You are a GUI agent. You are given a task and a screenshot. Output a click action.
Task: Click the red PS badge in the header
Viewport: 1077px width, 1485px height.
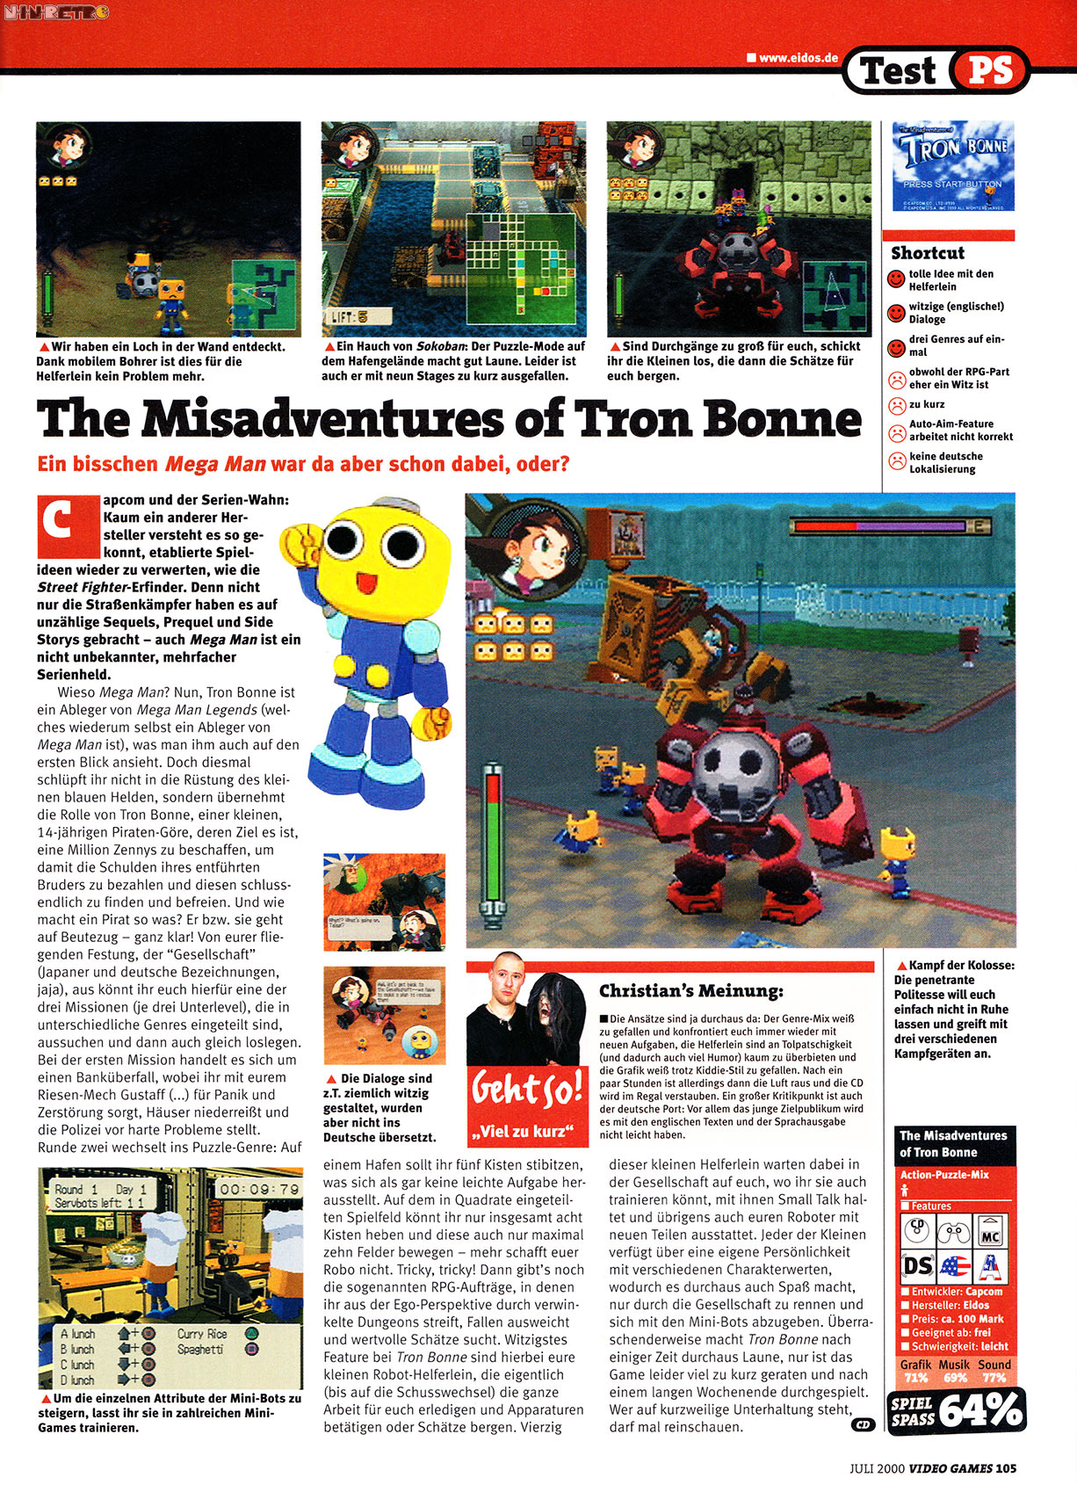point(990,70)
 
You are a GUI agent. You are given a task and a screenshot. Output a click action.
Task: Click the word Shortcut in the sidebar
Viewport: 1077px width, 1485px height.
point(928,253)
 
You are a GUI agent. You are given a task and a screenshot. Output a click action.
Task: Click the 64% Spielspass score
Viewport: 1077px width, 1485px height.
point(979,1411)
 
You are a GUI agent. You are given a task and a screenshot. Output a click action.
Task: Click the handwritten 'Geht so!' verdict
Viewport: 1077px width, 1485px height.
point(527,1090)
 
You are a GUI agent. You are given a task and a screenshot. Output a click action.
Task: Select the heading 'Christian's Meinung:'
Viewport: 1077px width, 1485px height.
point(690,991)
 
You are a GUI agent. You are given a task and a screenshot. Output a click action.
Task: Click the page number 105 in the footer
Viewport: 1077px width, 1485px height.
point(1007,1467)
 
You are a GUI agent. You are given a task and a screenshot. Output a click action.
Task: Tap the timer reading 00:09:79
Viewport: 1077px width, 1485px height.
point(258,1189)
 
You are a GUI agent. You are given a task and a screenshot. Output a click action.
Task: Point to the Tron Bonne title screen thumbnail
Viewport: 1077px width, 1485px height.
point(953,166)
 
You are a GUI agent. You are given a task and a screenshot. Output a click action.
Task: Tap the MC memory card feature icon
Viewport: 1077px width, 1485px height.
point(991,1232)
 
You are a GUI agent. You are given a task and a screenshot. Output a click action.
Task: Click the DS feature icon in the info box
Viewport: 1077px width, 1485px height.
point(918,1266)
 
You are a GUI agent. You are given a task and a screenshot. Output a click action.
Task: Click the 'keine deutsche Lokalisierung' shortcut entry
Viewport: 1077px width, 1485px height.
point(946,463)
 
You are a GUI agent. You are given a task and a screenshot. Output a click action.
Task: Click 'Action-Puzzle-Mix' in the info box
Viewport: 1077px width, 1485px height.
point(944,1175)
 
